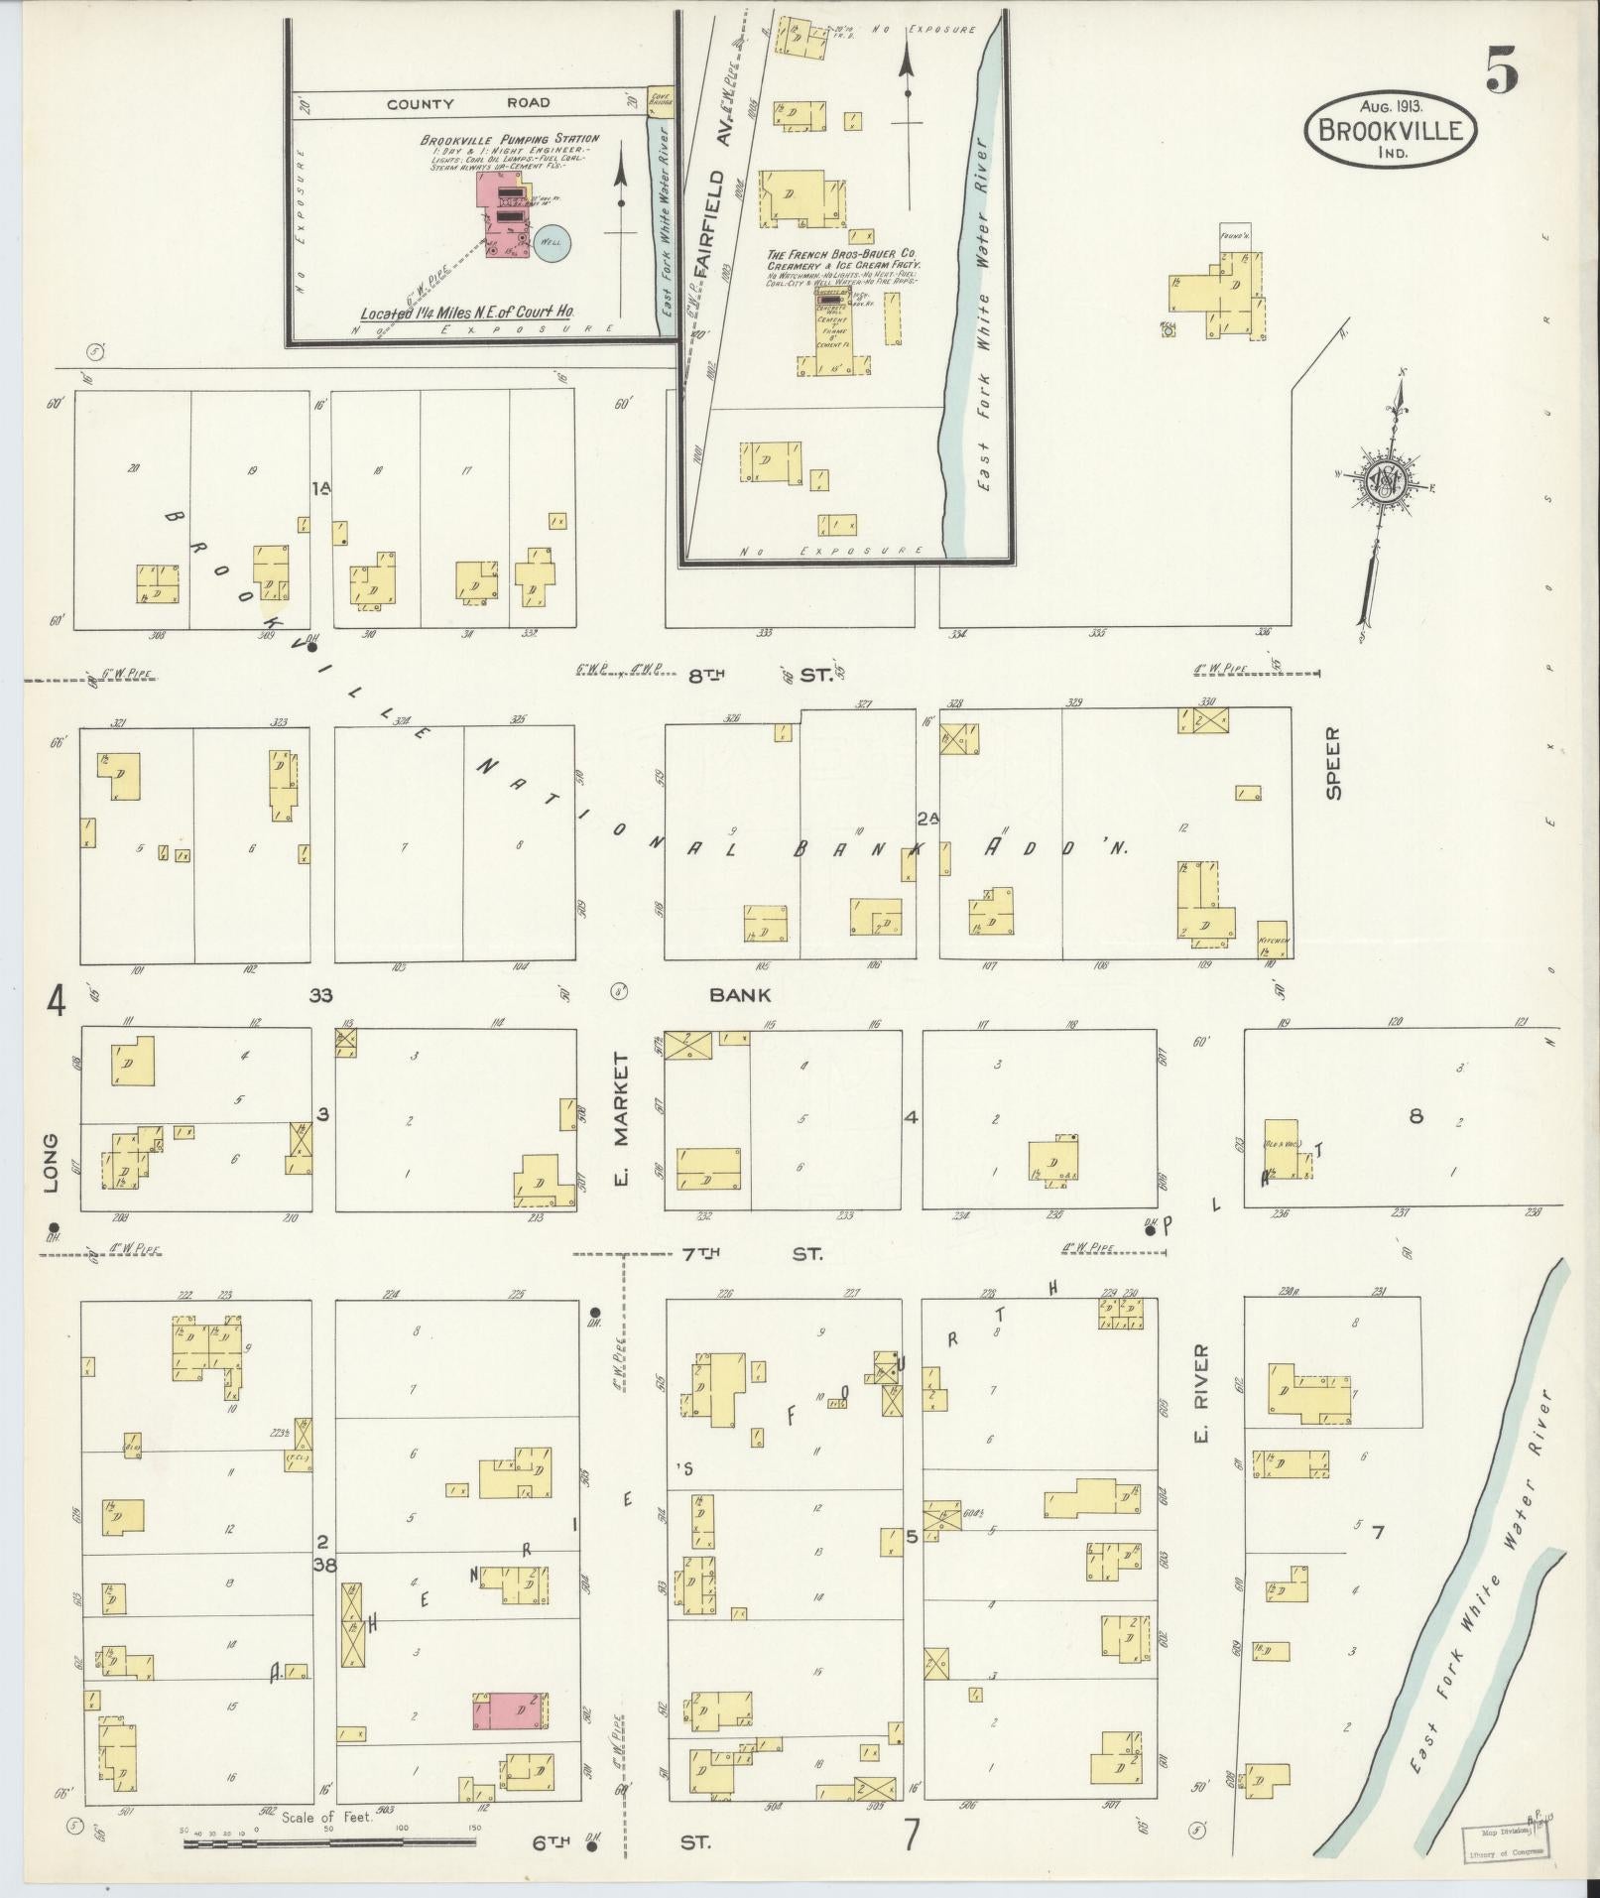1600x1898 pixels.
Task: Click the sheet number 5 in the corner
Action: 1501,68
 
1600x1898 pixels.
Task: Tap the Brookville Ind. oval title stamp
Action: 1391,128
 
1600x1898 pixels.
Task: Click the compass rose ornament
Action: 1385,485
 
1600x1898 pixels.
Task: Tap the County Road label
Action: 468,103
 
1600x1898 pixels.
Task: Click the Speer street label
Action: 1332,777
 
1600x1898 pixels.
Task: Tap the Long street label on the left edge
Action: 51,1163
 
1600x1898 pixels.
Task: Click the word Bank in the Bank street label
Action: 739,994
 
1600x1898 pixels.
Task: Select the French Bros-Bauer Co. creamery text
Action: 843,260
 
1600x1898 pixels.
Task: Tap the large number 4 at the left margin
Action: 56,1003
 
